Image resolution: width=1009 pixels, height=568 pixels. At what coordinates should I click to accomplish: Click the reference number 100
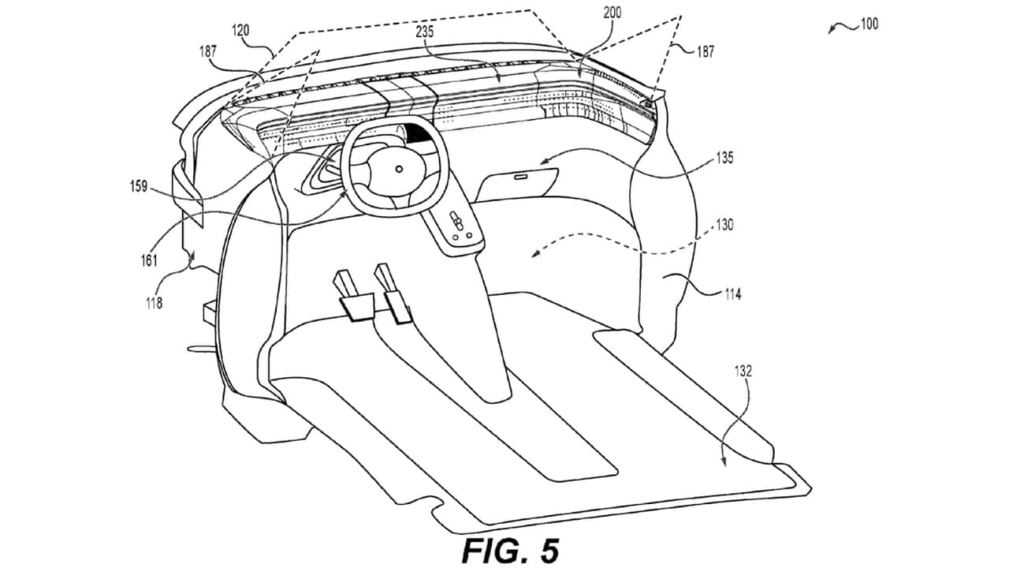(x=869, y=24)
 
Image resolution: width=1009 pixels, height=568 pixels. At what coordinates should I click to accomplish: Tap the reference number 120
(x=240, y=31)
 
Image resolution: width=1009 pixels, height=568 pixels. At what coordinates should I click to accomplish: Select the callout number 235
(x=424, y=32)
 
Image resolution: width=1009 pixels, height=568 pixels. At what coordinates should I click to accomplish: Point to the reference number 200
(x=612, y=13)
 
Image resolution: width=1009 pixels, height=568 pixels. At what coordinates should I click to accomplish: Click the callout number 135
(x=724, y=158)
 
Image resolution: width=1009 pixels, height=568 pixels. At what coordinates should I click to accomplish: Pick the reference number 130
(x=724, y=225)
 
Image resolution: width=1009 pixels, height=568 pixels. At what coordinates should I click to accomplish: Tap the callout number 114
(x=732, y=294)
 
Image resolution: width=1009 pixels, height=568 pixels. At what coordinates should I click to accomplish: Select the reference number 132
(x=743, y=371)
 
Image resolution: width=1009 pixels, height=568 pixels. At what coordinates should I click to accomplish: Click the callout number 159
(x=139, y=186)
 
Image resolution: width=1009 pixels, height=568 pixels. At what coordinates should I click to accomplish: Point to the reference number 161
(x=149, y=260)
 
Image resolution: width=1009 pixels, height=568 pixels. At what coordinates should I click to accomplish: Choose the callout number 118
(x=154, y=304)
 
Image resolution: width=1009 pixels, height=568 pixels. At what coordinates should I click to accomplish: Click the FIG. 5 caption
(x=511, y=550)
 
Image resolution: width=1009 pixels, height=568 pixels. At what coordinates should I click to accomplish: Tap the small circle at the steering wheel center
(x=399, y=169)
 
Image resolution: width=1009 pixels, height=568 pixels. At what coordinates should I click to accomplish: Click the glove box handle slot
(x=522, y=177)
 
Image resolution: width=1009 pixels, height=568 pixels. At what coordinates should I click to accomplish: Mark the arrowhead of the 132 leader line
(x=724, y=462)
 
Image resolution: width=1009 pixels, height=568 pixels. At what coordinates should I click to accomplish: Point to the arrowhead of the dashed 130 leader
(x=535, y=254)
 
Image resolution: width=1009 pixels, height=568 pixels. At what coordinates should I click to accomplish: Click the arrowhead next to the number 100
(x=832, y=30)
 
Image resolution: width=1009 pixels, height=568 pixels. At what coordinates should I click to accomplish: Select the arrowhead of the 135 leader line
(x=543, y=162)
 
